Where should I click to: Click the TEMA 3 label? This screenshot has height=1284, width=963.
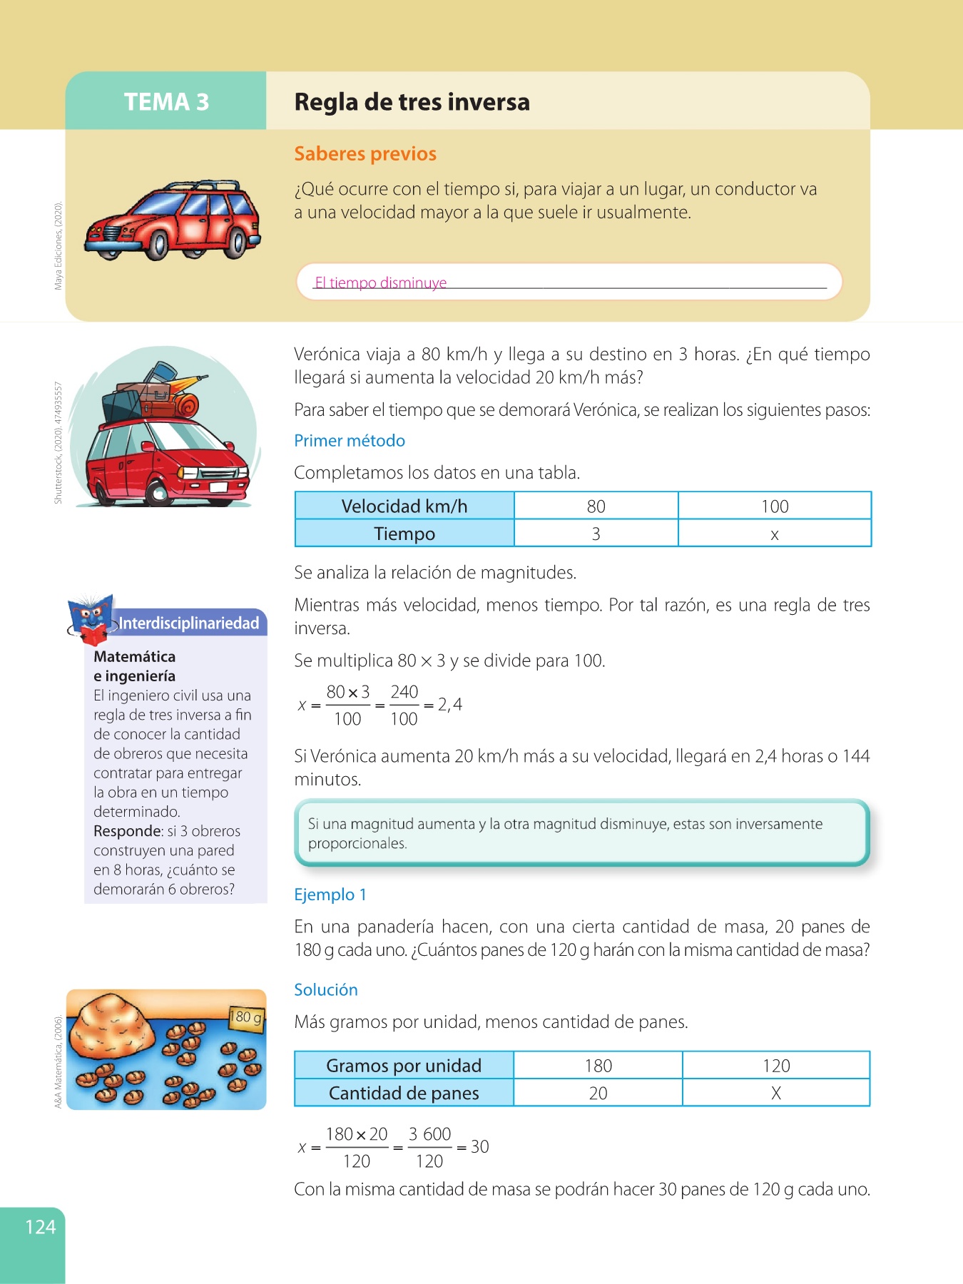(166, 102)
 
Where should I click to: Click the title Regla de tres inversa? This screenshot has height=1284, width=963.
(412, 102)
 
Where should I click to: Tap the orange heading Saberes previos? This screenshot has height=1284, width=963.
(365, 154)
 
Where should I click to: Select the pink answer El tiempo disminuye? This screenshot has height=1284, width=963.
(381, 282)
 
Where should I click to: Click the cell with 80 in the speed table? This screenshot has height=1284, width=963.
(596, 506)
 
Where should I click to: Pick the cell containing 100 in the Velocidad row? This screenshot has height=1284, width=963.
(775, 506)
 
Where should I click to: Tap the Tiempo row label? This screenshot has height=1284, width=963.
(404, 534)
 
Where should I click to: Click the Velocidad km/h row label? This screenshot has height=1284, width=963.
(404, 506)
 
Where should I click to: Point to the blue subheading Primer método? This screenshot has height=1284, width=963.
(350, 441)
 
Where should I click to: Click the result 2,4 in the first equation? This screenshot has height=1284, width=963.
(450, 705)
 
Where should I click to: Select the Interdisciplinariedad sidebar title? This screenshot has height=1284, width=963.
(188, 623)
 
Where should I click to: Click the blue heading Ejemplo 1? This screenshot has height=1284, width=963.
(330, 895)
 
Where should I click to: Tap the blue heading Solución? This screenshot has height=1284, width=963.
(326, 989)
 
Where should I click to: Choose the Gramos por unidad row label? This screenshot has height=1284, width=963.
(404, 1066)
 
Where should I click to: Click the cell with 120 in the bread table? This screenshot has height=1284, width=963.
(776, 1066)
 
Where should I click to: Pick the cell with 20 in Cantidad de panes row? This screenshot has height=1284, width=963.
(598, 1093)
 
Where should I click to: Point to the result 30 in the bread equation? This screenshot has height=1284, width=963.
(480, 1146)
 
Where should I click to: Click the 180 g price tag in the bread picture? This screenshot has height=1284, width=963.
(246, 1017)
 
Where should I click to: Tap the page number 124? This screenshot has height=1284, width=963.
(40, 1227)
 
